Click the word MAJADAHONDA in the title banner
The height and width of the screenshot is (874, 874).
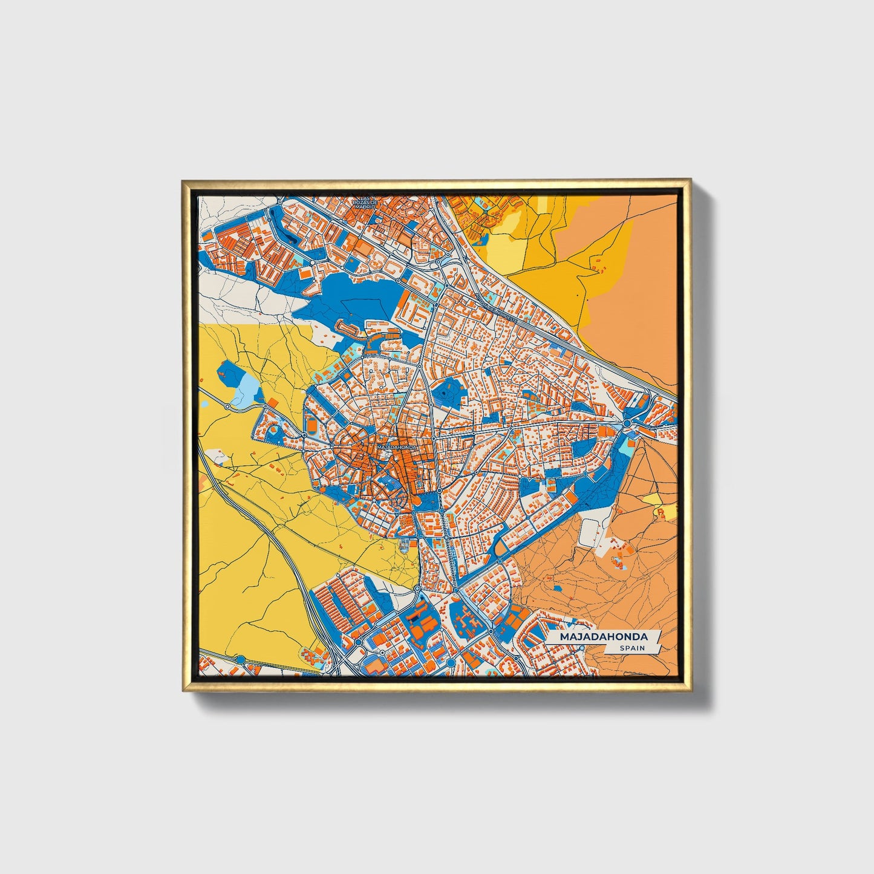(x=603, y=637)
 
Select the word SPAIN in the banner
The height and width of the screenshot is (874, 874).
(x=631, y=648)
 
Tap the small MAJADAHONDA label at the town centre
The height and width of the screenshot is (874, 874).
(x=397, y=446)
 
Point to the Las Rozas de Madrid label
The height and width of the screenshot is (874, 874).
(x=365, y=203)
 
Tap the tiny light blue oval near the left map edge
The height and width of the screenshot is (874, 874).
(x=204, y=403)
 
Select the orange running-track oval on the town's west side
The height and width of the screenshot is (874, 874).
(x=311, y=426)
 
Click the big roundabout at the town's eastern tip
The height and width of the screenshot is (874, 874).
(x=628, y=423)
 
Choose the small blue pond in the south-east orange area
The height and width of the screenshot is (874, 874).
(x=557, y=587)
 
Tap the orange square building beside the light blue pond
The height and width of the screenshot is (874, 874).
(x=273, y=402)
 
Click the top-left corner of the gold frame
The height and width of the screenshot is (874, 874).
(x=183, y=180)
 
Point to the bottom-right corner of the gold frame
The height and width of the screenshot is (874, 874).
(x=690, y=690)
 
